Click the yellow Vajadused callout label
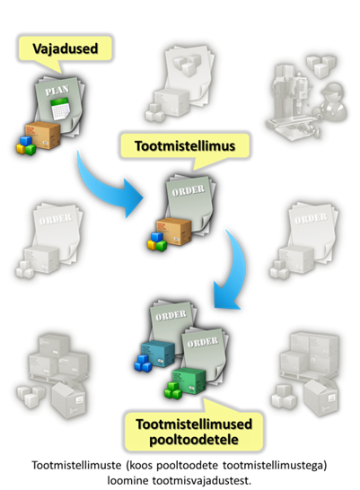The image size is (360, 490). point(65,48)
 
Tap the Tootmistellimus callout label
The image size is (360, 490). point(185,146)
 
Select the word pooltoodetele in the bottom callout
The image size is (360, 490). point(194,440)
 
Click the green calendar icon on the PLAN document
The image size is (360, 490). point(60,109)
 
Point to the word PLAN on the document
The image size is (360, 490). point(57,90)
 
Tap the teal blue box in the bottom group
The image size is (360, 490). point(158,354)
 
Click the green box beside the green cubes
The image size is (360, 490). point(189,381)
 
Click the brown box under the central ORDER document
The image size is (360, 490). point(174,232)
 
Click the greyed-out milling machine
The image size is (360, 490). point(292,100)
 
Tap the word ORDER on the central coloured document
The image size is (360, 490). point(189,190)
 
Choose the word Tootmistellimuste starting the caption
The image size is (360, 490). point(76,465)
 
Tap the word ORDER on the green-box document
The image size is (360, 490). point(203,342)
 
